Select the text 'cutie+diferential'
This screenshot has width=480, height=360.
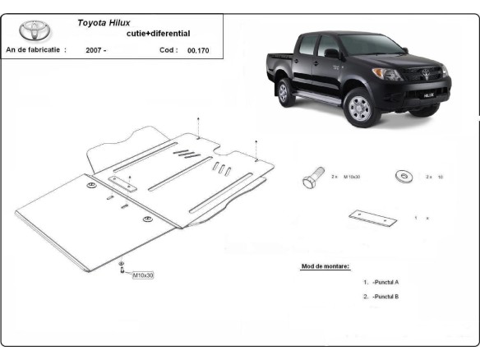(156, 34)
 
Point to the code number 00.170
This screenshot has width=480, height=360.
(197, 50)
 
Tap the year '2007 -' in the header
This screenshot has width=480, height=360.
(95, 50)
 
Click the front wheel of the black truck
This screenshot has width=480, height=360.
(359, 107)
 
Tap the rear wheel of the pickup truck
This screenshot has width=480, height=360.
(286, 91)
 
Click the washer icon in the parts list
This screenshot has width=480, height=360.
(404, 176)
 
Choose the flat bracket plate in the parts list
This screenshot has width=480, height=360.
(372, 218)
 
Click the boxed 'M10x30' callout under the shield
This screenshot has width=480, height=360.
(142, 275)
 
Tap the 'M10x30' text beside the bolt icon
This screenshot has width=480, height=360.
(352, 177)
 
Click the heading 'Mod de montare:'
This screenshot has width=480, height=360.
(325, 266)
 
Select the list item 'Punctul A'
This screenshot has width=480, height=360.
(385, 282)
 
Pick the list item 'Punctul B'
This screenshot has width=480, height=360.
(385, 296)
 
